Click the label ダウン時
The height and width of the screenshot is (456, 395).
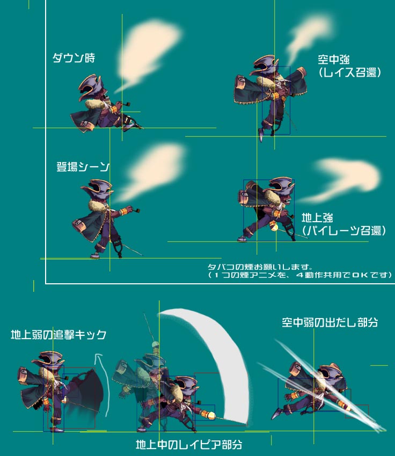pos(74,58)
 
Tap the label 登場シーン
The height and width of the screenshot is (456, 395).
pos(83,167)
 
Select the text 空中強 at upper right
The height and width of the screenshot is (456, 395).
pos(334,60)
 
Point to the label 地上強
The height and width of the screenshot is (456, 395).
pos(317,217)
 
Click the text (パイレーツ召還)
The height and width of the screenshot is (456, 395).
pos(344,230)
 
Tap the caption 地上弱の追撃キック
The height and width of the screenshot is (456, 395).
pos(58,334)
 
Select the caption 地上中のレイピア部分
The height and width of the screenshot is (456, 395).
pos(189,444)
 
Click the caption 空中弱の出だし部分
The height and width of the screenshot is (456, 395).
pos(330,322)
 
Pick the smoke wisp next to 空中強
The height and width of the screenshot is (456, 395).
pos(308,38)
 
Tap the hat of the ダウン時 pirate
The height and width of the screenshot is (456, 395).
pos(91,84)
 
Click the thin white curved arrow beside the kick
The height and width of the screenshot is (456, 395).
pos(103,384)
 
